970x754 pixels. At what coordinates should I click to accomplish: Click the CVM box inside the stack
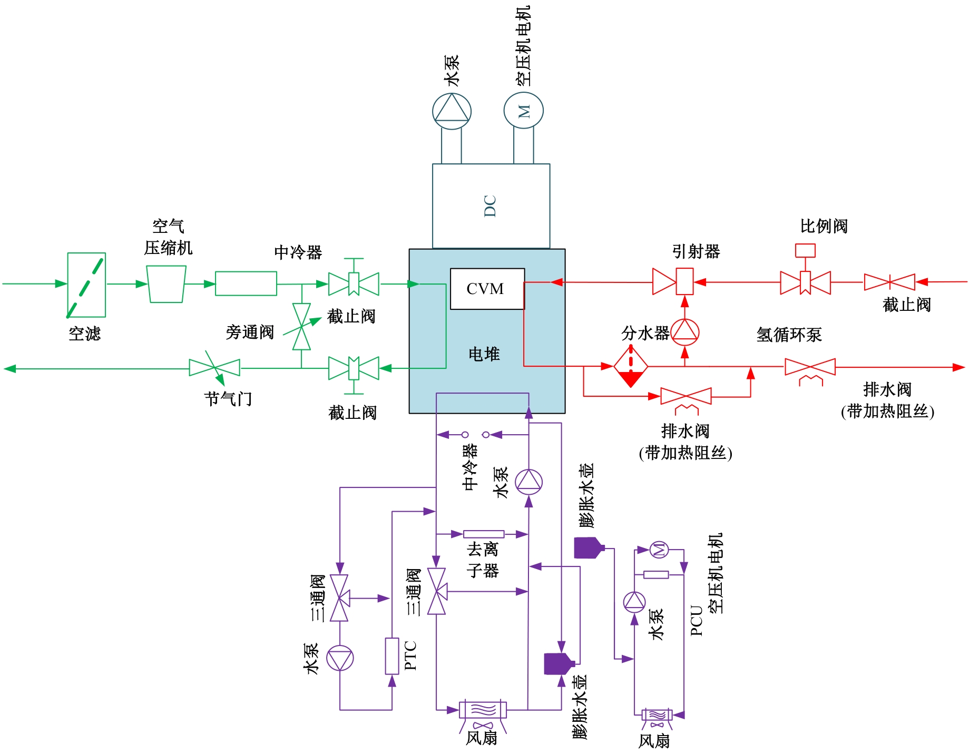487,289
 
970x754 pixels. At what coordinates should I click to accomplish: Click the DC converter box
491,206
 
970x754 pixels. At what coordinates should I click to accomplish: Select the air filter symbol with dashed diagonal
86,285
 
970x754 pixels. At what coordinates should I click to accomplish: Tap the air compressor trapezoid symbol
166,284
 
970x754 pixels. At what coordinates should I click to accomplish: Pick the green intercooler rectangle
246,283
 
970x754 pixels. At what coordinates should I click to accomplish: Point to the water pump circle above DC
452,112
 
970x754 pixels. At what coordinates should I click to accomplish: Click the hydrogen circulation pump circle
685,332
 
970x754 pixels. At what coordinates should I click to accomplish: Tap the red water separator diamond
631,366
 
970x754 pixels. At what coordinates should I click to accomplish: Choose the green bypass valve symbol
301,327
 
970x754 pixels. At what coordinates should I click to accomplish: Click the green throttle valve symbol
214,367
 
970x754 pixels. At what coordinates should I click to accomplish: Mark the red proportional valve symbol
805,282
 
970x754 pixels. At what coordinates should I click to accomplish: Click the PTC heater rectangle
391,656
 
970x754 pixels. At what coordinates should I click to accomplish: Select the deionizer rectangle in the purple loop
483,534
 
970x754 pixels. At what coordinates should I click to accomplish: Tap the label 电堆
484,354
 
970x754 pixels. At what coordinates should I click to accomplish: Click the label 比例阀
824,227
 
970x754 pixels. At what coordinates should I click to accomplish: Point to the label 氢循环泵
789,335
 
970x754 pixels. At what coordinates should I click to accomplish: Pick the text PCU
697,621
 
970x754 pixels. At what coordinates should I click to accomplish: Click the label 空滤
84,334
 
